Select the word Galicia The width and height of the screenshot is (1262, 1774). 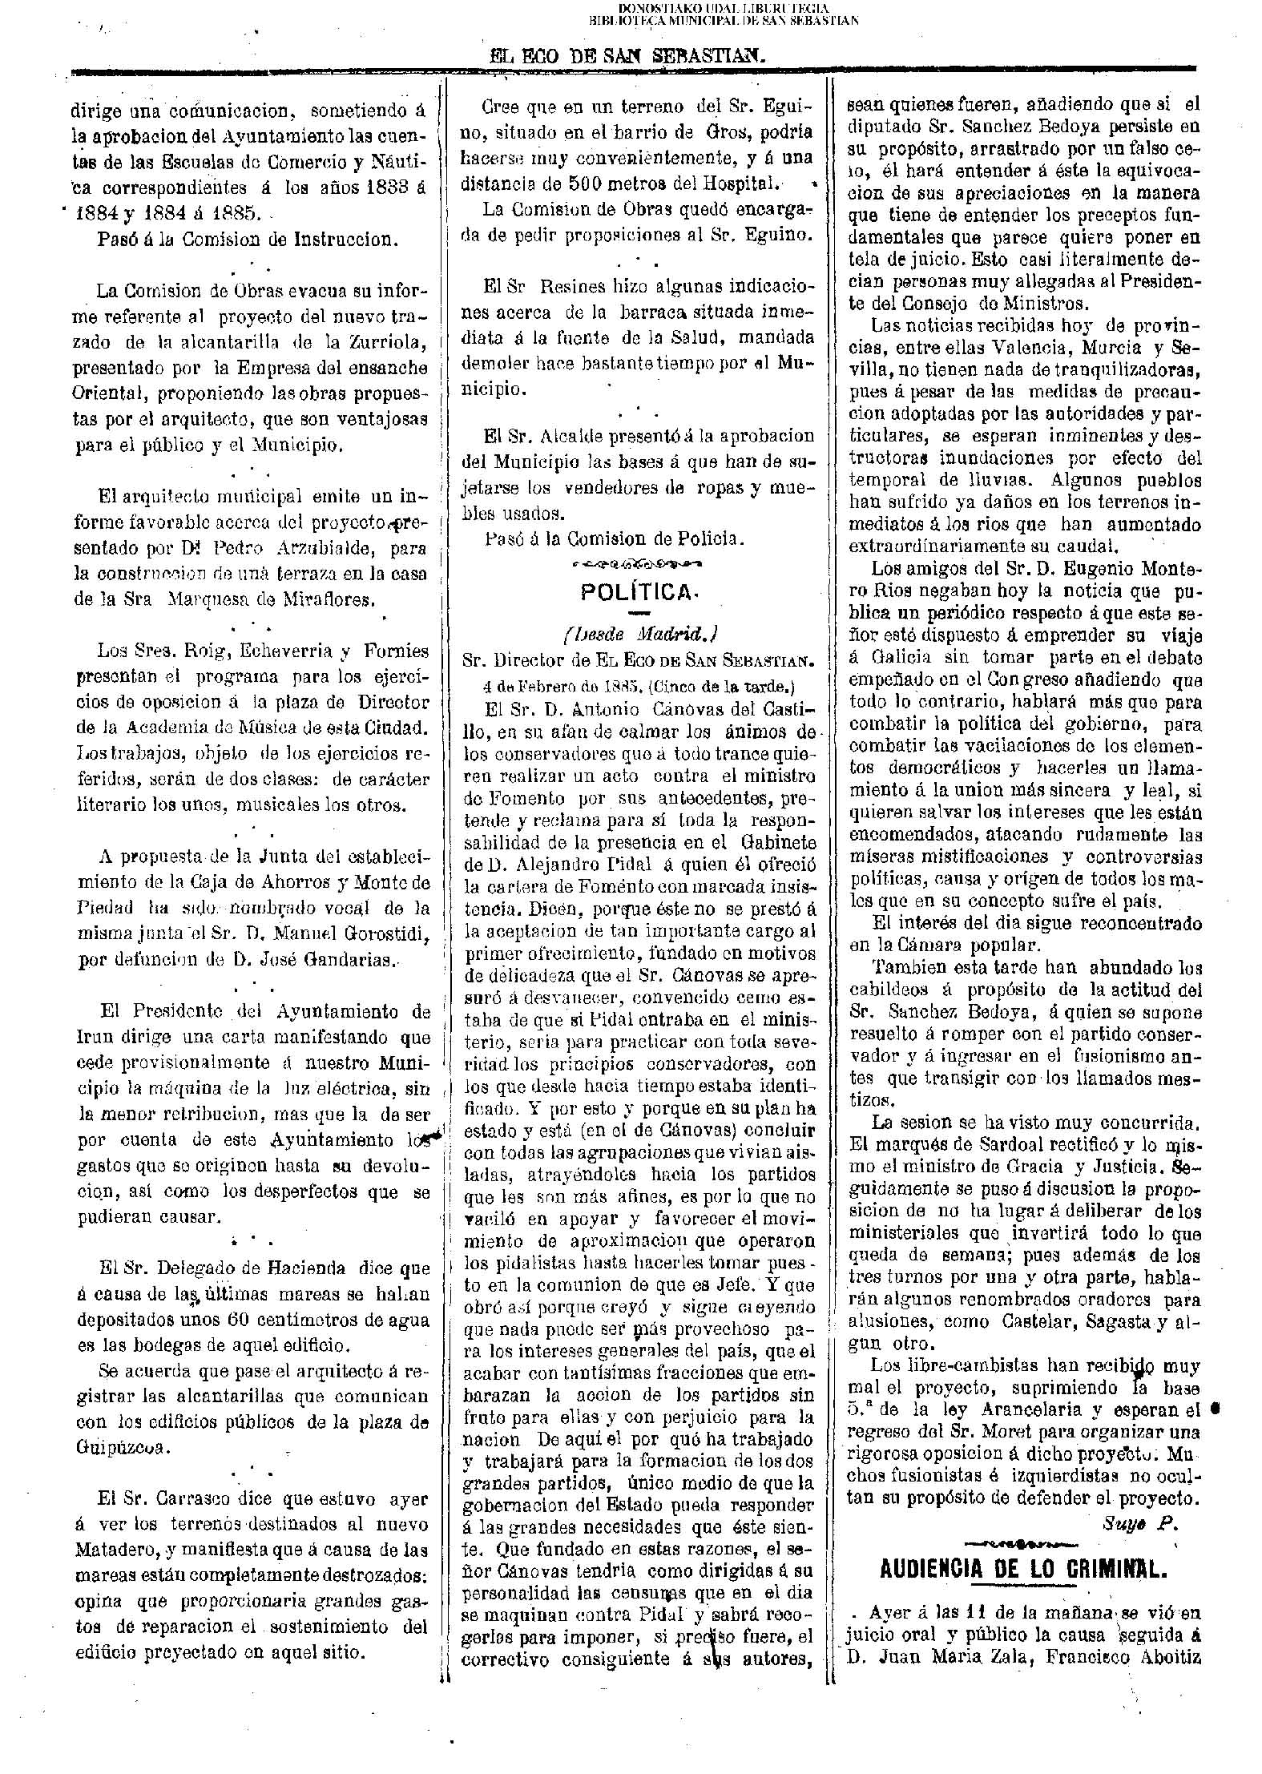click(896, 657)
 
